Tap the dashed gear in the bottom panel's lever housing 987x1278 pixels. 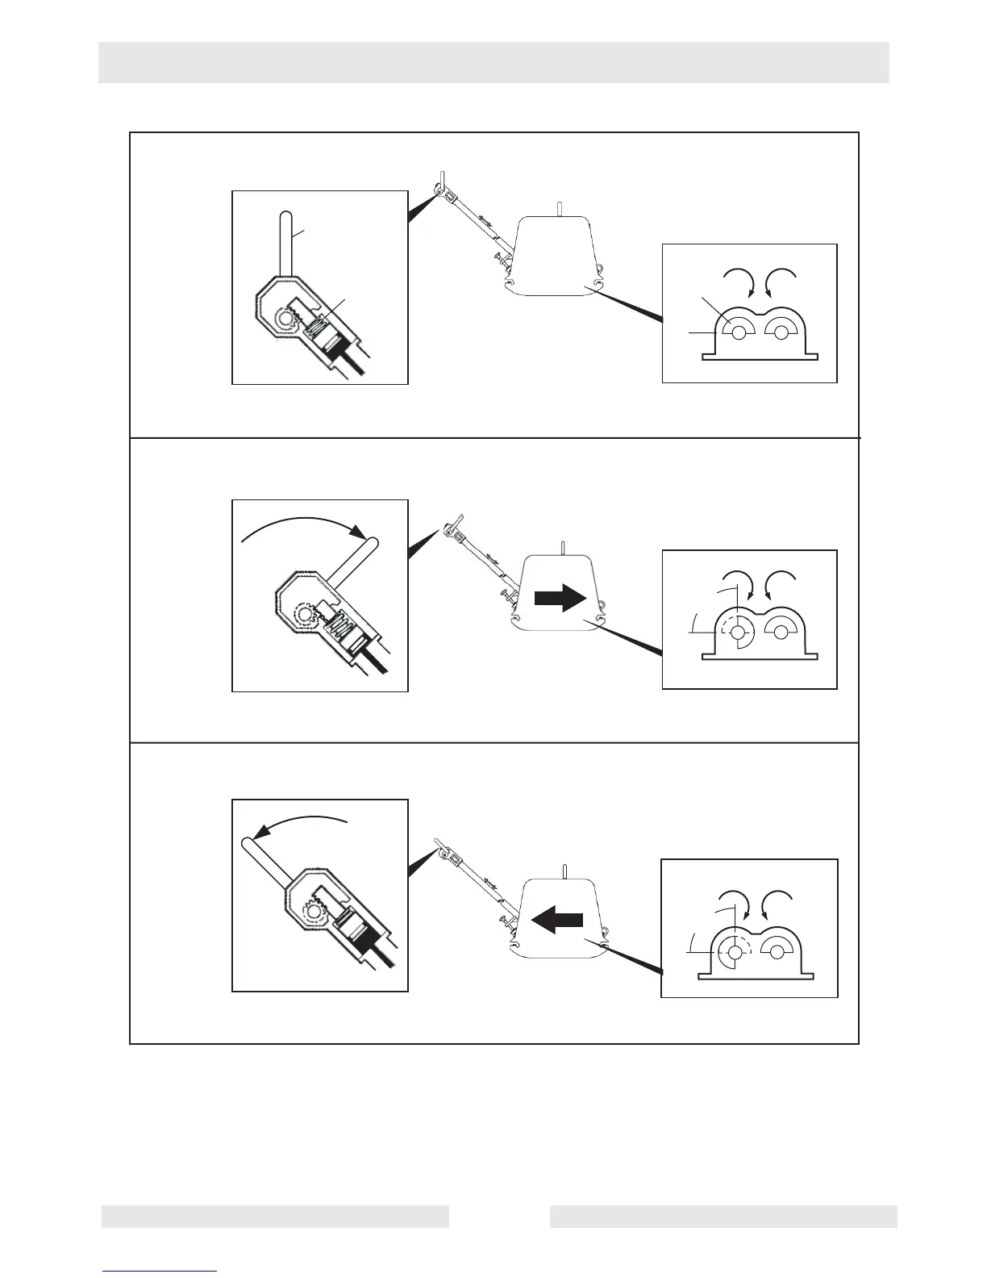[313, 914]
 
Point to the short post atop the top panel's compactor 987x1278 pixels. [560, 208]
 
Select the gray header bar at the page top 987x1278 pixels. [493, 62]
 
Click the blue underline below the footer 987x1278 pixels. [160, 1271]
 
